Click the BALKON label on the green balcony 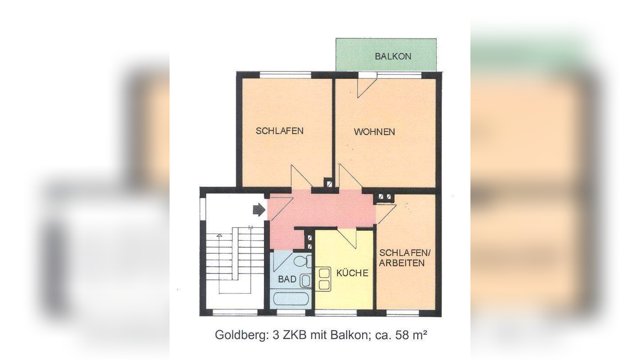(x=393, y=56)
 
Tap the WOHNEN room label (x=374, y=132)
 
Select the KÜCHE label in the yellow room (x=352, y=273)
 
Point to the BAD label (x=287, y=279)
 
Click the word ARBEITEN (x=402, y=263)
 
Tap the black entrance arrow (x=259, y=209)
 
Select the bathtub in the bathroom (x=291, y=298)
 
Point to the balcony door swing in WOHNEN (x=365, y=87)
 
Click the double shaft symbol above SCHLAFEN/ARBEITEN (x=385, y=197)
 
